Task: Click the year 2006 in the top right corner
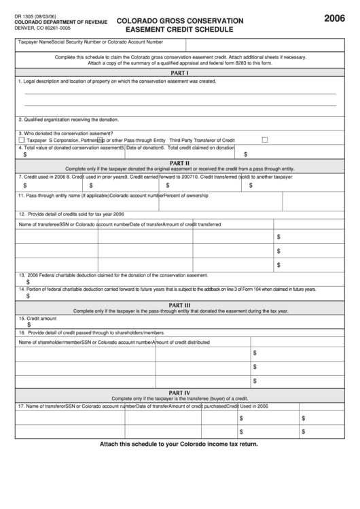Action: [334, 19]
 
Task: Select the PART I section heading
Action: [179, 73]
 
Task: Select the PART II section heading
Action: [179, 163]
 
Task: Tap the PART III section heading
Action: [179, 305]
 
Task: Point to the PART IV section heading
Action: [179, 393]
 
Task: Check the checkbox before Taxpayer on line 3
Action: [22, 140]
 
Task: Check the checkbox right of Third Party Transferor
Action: [265, 140]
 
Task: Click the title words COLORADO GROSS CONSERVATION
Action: [180, 21]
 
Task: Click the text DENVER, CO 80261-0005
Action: [42, 29]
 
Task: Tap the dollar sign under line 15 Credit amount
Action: [29, 325]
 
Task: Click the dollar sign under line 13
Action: [28, 282]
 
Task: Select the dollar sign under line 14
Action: [28, 296]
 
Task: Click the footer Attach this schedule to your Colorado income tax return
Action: [179, 444]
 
